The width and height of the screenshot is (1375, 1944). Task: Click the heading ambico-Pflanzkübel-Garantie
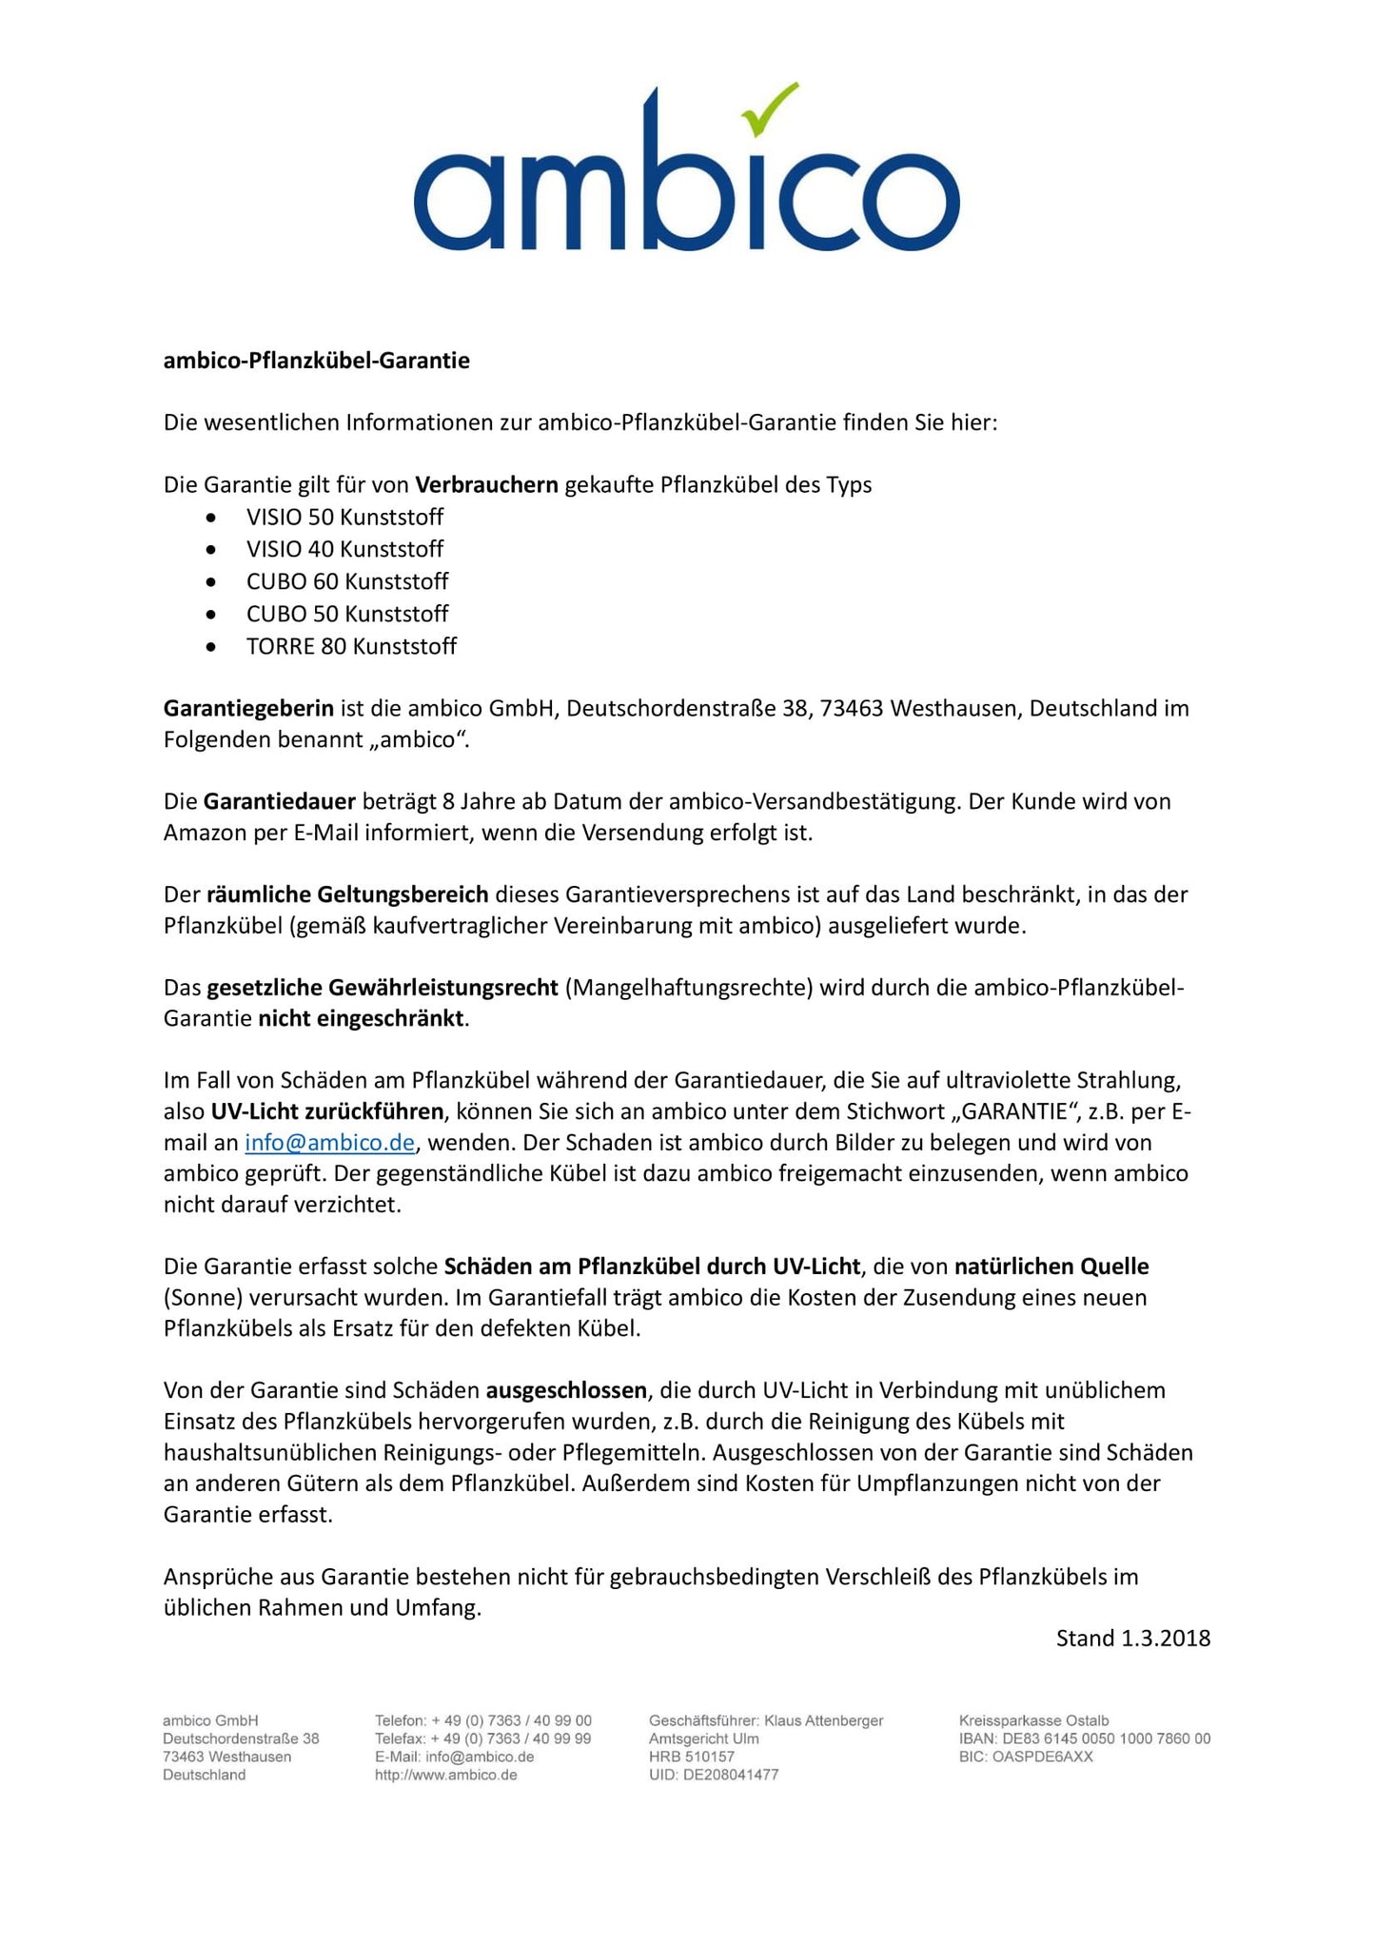(x=316, y=362)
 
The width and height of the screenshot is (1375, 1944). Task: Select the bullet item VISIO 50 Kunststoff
(x=344, y=518)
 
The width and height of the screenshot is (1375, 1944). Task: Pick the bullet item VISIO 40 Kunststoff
(x=344, y=550)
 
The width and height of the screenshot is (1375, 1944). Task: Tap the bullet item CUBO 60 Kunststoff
(x=347, y=582)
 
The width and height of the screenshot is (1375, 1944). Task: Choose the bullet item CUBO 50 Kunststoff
(x=347, y=615)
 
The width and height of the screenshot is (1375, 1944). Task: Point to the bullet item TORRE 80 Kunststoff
(x=351, y=647)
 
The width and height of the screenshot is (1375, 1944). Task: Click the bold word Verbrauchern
(x=486, y=485)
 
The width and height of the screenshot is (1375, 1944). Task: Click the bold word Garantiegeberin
(x=248, y=709)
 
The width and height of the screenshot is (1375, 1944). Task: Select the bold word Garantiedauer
(x=279, y=802)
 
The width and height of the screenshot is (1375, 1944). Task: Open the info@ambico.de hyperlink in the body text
(x=329, y=1143)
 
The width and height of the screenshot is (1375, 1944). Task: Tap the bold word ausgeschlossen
(x=566, y=1391)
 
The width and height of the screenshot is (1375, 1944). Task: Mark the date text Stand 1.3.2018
(x=1132, y=1639)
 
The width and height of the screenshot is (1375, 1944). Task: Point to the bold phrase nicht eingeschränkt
(x=362, y=1019)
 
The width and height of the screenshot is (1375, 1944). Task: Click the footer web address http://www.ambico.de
(x=445, y=1776)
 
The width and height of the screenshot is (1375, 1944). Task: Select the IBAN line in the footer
(x=1084, y=1739)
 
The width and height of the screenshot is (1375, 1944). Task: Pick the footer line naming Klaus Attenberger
(x=765, y=1721)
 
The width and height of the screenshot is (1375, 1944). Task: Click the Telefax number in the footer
(x=482, y=1739)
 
